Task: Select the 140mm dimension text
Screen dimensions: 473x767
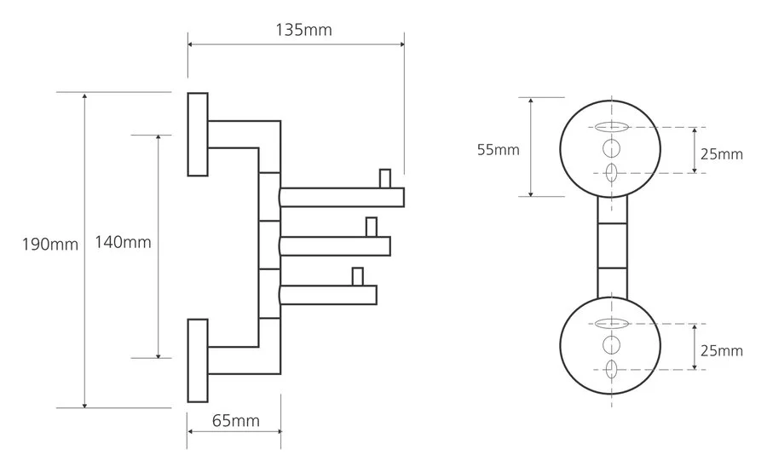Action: (125, 242)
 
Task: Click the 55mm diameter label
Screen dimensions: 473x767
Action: (498, 150)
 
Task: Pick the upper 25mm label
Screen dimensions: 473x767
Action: (721, 154)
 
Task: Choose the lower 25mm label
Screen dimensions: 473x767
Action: (721, 350)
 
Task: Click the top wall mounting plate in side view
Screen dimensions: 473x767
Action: (198, 133)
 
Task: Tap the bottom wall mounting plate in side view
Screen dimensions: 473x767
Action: (198, 361)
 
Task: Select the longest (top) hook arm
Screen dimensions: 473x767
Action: (341, 198)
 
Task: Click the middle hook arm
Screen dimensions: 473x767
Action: (335, 246)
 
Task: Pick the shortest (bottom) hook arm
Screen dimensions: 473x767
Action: (328, 295)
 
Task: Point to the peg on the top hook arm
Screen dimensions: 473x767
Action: (385, 179)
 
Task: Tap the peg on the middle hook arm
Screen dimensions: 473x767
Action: (371, 228)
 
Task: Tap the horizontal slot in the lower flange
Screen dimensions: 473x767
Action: (610, 324)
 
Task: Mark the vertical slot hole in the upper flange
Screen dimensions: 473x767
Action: (610, 173)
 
